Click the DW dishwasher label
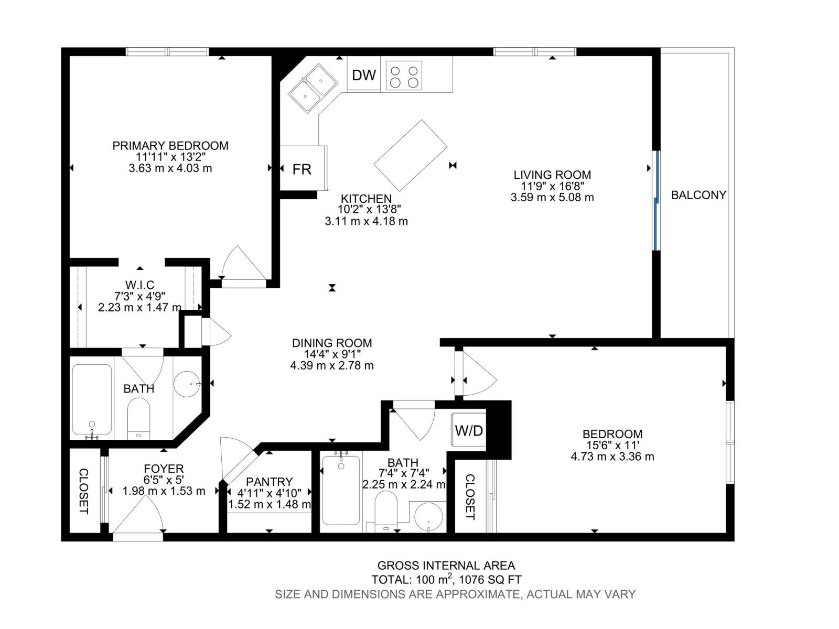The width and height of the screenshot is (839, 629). tap(364, 75)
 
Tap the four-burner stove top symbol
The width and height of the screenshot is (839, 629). tap(404, 75)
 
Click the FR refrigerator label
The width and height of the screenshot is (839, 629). tap(302, 169)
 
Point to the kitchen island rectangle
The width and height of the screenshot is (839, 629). tap(410, 155)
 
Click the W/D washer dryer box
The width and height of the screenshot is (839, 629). tap(468, 431)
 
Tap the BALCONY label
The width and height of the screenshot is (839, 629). tap(698, 195)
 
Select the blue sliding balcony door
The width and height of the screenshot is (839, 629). tap(655, 200)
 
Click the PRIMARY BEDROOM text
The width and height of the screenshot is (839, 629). tap(170, 146)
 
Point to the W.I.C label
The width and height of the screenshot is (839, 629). tap(139, 285)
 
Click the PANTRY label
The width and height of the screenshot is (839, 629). tap(269, 482)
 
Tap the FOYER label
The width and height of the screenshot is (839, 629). tap(164, 469)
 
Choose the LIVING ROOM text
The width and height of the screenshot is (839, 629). tap(552, 175)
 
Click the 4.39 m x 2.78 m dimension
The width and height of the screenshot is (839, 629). tap(332, 365)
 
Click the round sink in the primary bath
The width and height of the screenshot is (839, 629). tap(187, 384)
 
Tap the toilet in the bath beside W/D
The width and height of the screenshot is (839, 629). tap(386, 511)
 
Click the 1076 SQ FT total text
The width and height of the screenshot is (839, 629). tap(490, 580)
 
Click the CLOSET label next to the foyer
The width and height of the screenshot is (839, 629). tap(83, 491)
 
